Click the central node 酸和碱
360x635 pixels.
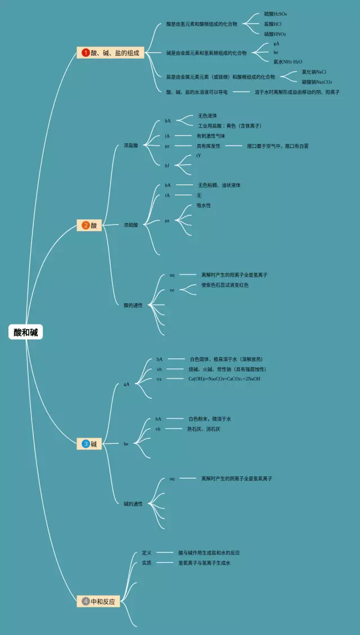point(26,332)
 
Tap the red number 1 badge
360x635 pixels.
point(85,53)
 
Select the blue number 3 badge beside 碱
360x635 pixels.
point(85,444)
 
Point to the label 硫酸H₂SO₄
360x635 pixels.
point(276,13)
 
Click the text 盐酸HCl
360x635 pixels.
point(273,24)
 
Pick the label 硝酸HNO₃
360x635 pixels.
point(275,34)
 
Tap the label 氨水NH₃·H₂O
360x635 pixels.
point(287,62)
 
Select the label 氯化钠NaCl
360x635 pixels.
point(314,72)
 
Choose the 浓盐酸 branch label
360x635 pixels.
point(130,146)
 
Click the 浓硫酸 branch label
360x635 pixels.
point(130,225)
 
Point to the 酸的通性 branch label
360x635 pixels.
point(133,305)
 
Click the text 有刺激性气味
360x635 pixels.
point(210,136)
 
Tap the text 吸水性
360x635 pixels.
point(204,206)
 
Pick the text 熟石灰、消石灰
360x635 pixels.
point(204,429)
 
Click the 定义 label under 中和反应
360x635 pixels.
point(146,553)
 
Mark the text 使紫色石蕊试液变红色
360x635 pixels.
point(225,285)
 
